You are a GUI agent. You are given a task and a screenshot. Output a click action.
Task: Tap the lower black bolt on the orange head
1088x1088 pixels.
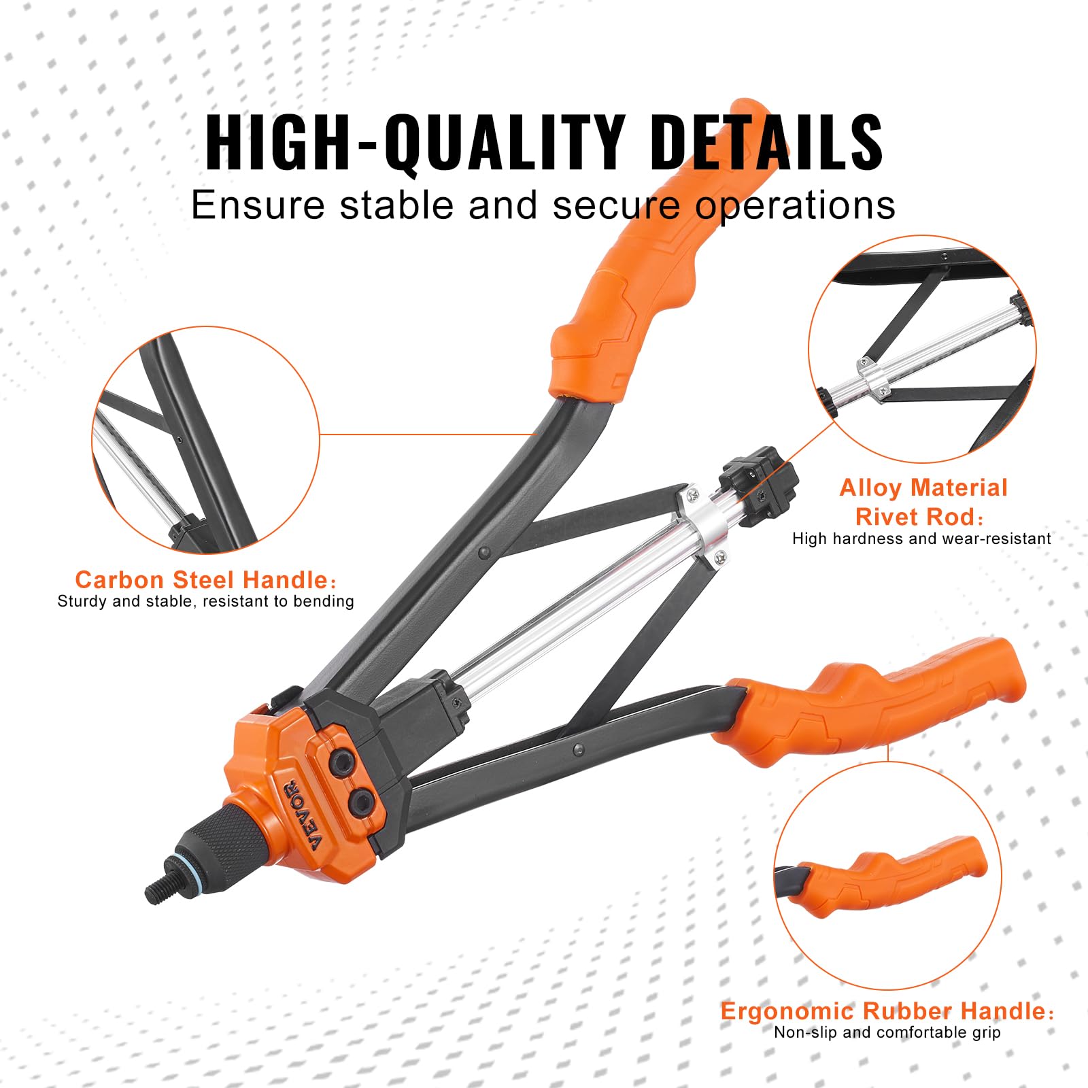361,802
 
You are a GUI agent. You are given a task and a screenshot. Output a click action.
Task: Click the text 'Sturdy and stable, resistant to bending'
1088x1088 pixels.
205,601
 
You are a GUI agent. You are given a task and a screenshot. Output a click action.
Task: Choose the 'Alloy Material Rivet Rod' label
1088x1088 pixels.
922,502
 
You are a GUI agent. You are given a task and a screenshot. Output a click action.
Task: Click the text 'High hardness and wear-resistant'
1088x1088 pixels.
921,539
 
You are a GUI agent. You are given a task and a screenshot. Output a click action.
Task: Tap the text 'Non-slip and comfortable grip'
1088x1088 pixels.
887,1032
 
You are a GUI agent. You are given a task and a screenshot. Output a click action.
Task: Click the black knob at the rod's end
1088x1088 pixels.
759,484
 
